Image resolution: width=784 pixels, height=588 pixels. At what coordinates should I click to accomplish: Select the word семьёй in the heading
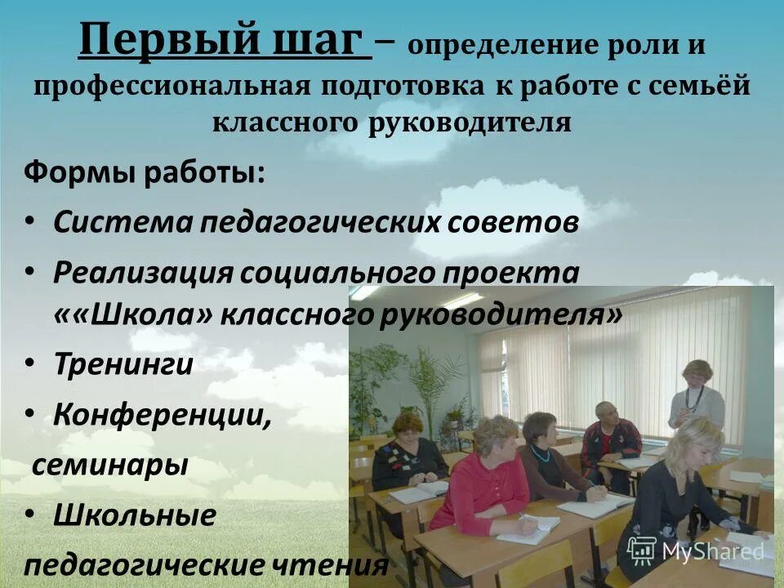click(x=699, y=86)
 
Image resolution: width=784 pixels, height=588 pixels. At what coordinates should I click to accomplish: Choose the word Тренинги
click(x=123, y=364)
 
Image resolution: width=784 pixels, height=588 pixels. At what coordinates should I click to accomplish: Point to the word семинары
click(x=110, y=465)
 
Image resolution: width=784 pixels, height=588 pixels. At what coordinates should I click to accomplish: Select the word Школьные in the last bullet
click(x=135, y=515)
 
